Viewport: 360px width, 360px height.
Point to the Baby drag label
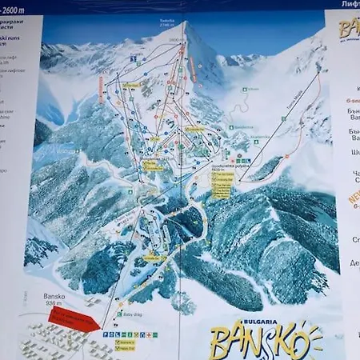pos(134,314)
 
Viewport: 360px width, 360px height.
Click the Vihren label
pos(254,89)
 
